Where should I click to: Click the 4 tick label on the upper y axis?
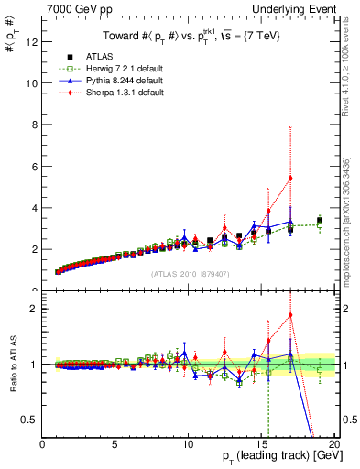pyautogui.click(x=34, y=208)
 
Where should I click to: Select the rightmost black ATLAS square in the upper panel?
pyautogui.click(x=319, y=221)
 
